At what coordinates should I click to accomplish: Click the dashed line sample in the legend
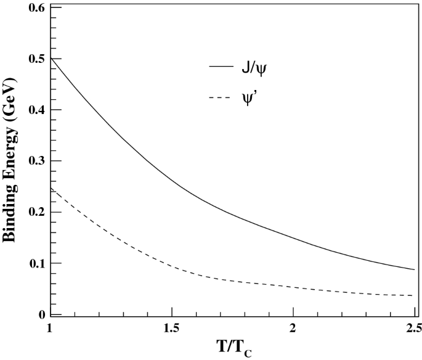point(220,96)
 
